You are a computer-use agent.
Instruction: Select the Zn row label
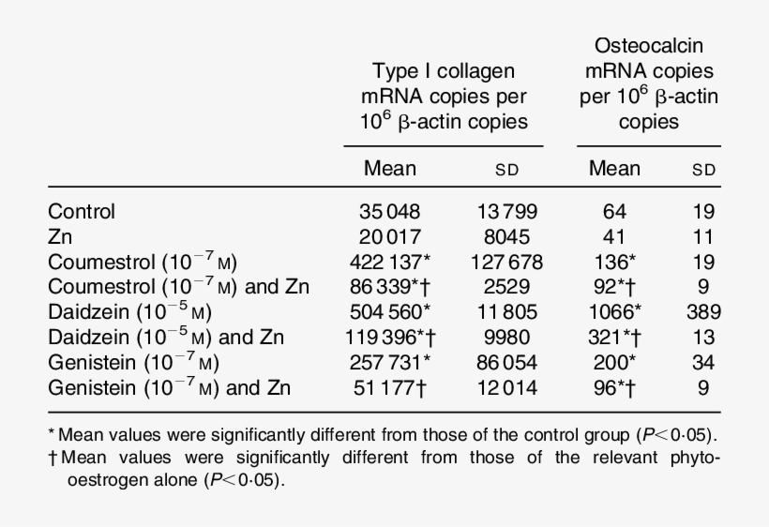[59, 237]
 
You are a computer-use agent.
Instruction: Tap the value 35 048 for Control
[390, 212]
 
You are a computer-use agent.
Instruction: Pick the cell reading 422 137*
[394, 262]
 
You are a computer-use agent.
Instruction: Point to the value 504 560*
[394, 312]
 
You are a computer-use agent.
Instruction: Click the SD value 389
[703, 312]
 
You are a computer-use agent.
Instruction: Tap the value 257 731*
[394, 362]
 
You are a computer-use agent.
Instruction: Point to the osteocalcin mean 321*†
[617, 338]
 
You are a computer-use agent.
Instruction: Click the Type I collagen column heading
[444, 97]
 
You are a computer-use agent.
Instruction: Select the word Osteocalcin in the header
[648, 46]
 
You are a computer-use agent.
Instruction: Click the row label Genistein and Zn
[169, 387]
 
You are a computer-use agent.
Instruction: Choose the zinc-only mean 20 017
[390, 237]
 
